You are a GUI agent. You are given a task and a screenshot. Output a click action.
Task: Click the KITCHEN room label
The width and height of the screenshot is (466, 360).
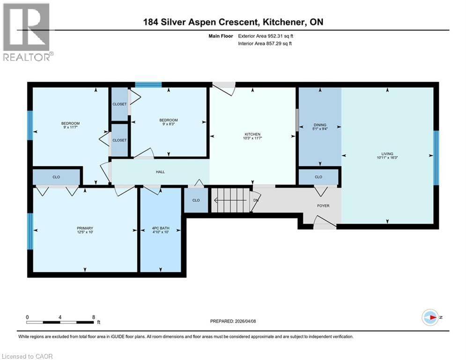click(252, 134)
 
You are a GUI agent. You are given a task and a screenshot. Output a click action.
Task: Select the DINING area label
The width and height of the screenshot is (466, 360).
click(320, 125)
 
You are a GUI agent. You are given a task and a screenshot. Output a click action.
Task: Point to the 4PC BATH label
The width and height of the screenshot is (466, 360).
click(161, 228)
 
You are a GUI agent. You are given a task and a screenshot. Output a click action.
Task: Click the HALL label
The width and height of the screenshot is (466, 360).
click(160, 172)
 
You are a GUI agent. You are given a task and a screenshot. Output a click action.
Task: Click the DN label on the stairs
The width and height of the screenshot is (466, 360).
click(256, 200)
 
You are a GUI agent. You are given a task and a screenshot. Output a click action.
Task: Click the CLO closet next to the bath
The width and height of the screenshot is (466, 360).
click(196, 200)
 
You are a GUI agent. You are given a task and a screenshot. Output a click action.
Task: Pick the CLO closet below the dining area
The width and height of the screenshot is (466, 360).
click(318, 177)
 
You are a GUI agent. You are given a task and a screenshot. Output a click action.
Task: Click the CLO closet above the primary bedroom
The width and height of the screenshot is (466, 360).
click(56, 177)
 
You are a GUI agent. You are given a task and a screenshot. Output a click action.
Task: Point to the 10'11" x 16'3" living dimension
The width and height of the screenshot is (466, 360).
click(387, 157)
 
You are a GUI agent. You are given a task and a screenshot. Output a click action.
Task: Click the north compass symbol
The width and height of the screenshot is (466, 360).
click(429, 317)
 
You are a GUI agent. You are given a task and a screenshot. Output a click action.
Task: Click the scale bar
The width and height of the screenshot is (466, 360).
click(60, 322)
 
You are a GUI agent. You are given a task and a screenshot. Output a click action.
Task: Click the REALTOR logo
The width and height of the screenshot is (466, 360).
click(27, 32)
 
